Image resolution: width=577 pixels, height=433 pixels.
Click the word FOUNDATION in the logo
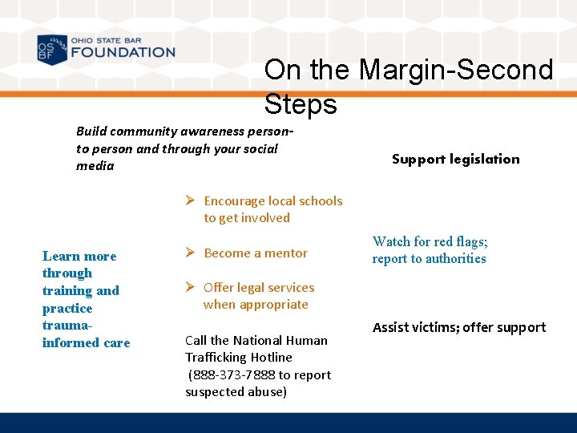tap(123, 53)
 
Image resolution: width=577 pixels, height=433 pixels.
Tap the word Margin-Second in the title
tap(456, 70)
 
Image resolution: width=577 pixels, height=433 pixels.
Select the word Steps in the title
tap(301, 104)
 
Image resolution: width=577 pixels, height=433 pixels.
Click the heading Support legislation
tap(455, 159)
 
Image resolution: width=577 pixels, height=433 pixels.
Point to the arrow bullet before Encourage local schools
tap(191, 201)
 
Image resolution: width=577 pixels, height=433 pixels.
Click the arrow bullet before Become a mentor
tap(191, 253)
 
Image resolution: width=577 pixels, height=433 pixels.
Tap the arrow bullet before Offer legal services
tap(191, 288)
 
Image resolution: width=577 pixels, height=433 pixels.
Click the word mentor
tap(286, 253)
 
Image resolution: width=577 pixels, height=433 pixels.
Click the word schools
tap(320, 201)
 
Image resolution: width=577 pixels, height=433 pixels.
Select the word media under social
tap(95, 166)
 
